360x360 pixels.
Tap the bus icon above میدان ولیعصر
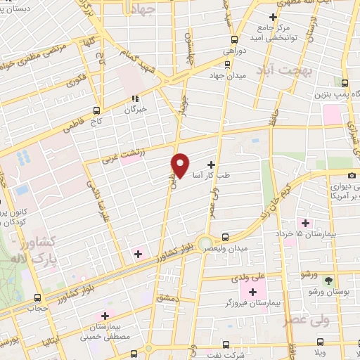(x=225, y=237)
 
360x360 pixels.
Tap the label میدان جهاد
(x=225, y=75)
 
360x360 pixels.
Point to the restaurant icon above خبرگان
(x=135, y=98)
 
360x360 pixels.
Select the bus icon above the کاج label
(x=97, y=110)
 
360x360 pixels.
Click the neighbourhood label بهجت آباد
(x=288, y=71)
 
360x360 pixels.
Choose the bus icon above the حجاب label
(x=37, y=297)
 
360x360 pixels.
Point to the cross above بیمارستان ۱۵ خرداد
(x=304, y=222)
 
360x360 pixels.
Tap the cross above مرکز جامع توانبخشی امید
(x=273, y=17)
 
